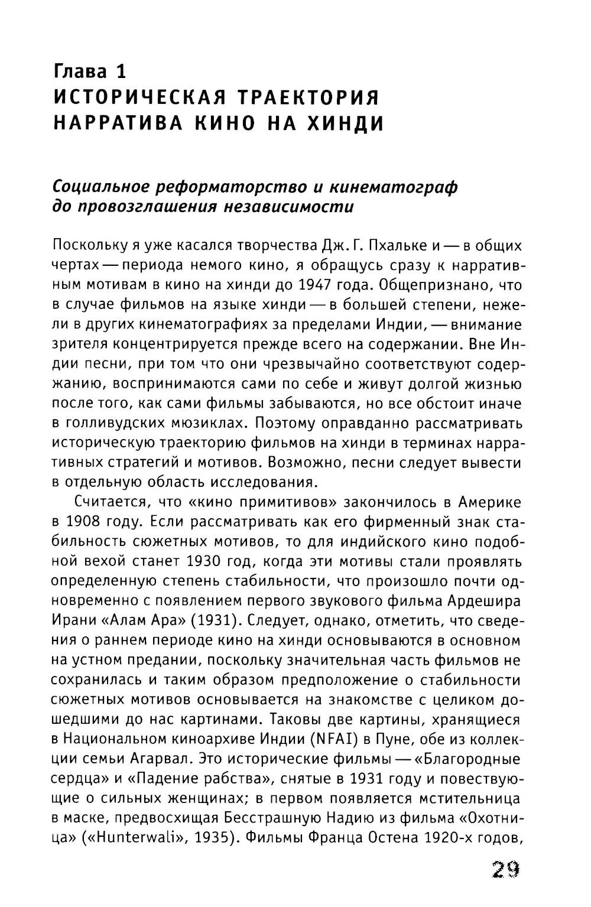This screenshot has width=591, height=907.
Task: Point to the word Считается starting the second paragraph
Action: coord(109,503)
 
